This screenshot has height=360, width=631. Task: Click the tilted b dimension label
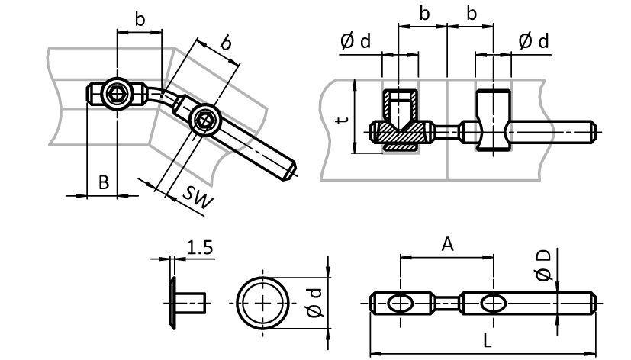pyautogui.click(x=226, y=43)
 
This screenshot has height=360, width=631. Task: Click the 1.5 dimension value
pyautogui.click(x=199, y=247)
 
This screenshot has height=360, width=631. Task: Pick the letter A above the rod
pyautogui.click(x=447, y=244)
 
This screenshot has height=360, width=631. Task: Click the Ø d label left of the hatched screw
pyautogui.click(x=356, y=41)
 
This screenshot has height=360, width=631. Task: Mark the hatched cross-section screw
pyautogui.click(x=398, y=122)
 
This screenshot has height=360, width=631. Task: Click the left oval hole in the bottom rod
pyautogui.click(x=400, y=303)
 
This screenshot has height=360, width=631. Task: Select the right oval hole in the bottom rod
pyautogui.click(x=492, y=303)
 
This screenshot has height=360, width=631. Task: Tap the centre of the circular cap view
pyautogui.click(x=264, y=302)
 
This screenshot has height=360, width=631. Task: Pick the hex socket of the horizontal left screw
pyautogui.click(x=117, y=94)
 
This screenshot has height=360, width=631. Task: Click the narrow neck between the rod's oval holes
pyautogui.click(x=446, y=303)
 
